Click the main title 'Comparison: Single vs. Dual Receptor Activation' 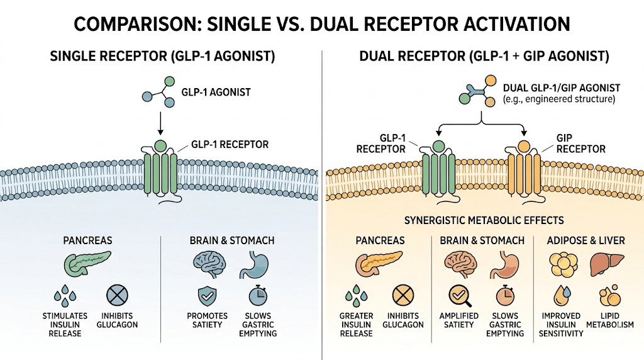coord(322,24)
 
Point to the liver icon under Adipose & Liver coord(602,264)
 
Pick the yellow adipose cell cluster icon coord(562,264)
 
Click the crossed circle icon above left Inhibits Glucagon coord(116,295)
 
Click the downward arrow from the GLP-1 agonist coord(160,123)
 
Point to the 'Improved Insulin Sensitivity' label coord(562,325)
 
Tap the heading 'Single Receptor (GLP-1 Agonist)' coord(162,57)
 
